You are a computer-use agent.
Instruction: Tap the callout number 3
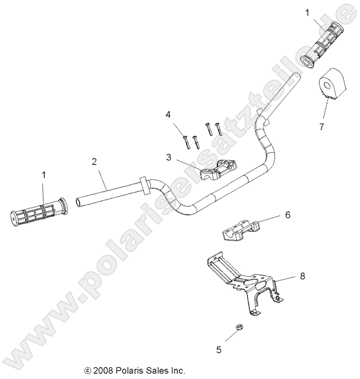coord(168,157)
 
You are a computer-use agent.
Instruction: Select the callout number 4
coord(168,115)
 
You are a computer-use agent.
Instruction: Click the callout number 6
coord(287,215)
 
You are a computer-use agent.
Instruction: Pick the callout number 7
coord(334,127)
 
